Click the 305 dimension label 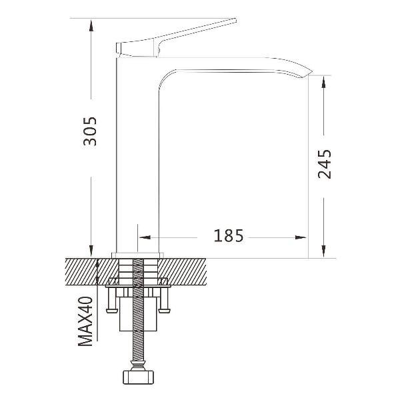coord(90,131)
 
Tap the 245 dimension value coord(325,164)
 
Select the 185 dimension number coord(228,236)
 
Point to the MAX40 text coord(85,321)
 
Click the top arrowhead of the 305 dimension coord(91,25)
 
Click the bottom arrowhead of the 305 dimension coord(91,251)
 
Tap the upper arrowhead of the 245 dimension coord(324,82)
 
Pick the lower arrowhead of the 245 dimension coord(324,251)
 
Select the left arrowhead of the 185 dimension coord(145,237)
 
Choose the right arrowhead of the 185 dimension coord(301,237)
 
